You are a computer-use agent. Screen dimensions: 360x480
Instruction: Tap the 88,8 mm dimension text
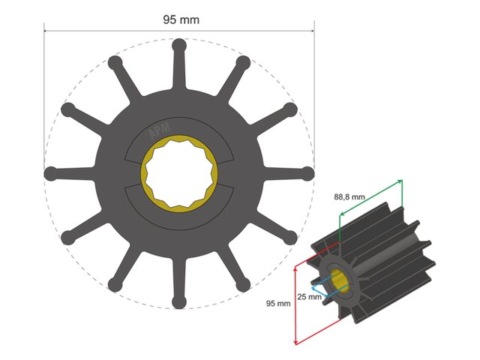[349, 196]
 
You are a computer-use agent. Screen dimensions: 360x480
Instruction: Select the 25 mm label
[308, 296]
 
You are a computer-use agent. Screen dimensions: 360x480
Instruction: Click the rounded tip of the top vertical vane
[178, 45]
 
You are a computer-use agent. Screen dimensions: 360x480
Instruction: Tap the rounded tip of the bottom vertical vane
[178, 302]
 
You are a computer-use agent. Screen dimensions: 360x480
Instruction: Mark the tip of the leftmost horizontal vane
[50, 173]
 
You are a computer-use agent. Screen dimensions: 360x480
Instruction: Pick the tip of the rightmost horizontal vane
[307, 173]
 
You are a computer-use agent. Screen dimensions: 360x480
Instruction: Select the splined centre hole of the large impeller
[178, 173]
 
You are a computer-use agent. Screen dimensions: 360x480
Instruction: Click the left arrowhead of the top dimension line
[46, 31]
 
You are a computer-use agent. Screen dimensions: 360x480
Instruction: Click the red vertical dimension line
[295, 304]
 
